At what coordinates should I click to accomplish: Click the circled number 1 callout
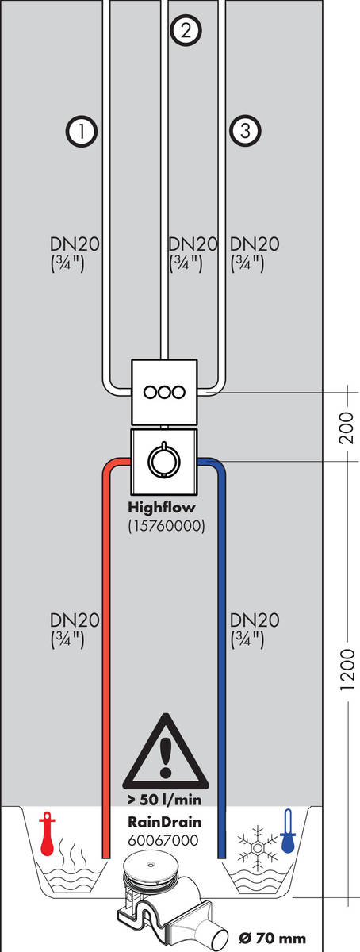coord(82,130)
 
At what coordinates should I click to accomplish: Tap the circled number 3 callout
coord(243,130)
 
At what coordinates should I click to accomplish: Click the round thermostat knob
coord(164,459)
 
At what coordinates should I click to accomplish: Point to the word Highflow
coord(162,509)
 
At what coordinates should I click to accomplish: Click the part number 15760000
coord(166,525)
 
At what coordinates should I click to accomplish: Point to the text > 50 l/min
coord(163,797)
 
